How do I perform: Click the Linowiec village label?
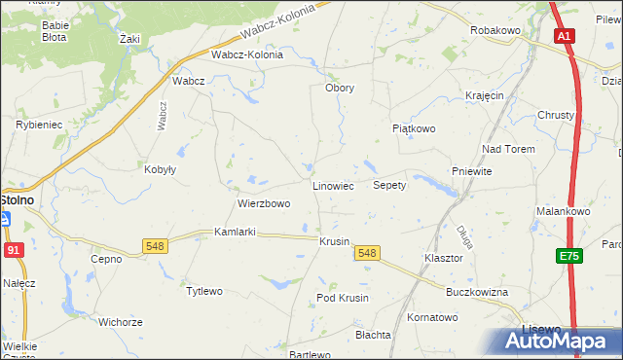(x=332, y=185)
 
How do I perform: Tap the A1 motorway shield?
(x=565, y=36)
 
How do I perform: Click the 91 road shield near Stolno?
(x=12, y=250)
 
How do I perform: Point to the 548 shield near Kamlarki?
(x=155, y=246)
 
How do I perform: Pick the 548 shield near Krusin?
(x=367, y=253)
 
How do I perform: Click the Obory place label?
(x=340, y=88)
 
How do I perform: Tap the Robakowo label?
(x=496, y=31)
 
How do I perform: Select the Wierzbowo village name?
(x=264, y=204)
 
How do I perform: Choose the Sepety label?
(x=389, y=185)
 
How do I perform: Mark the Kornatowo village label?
(x=432, y=317)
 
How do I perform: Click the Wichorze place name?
(x=121, y=321)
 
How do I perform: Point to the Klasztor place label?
(x=442, y=259)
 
